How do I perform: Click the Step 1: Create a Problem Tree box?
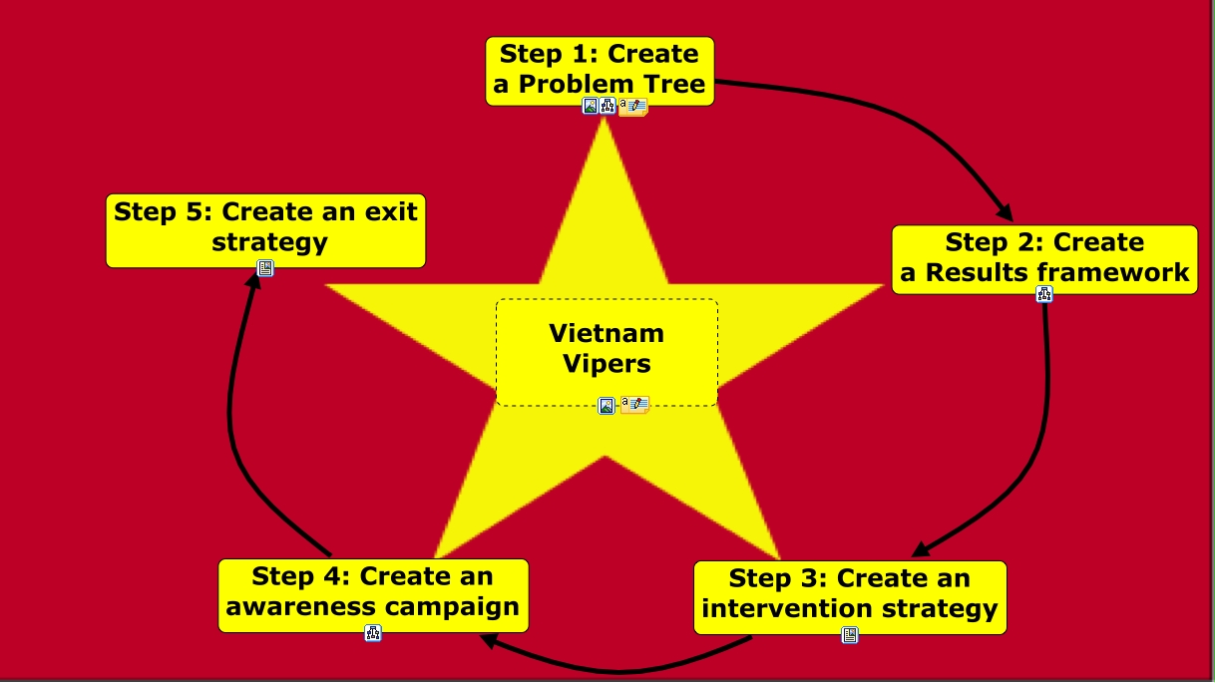pos(600,70)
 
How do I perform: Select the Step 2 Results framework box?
pos(1044,258)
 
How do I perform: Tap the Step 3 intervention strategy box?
pos(850,594)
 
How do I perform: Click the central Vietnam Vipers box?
pos(607,348)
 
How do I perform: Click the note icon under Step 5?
pos(265,267)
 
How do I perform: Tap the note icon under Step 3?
pos(850,634)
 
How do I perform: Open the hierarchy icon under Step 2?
pos(1044,293)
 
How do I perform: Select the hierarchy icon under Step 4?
pos(373,632)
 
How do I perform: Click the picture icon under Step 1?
pos(591,106)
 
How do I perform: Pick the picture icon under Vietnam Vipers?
pos(607,405)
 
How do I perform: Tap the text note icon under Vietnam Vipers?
pos(634,405)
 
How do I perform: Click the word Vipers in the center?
pos(607,364)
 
